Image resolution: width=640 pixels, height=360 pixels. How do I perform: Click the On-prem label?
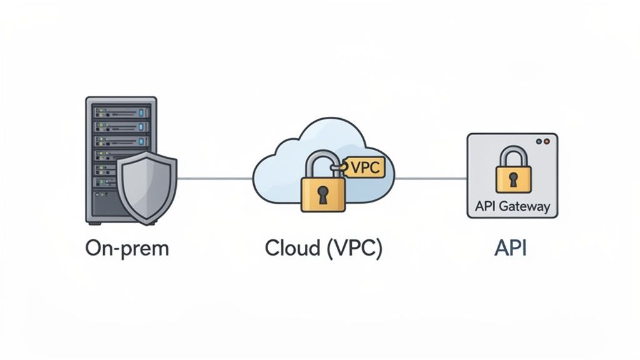tap(127, 248)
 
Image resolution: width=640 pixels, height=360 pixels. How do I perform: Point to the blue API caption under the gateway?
tap(510, 248)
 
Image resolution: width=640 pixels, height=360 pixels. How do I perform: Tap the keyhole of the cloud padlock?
tap(322, 194)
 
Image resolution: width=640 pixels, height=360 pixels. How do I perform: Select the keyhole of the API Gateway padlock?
tap(513, 179)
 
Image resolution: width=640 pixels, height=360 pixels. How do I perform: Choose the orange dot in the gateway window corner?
tap(547, 142)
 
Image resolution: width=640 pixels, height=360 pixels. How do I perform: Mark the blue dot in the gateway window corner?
tap(540, 142)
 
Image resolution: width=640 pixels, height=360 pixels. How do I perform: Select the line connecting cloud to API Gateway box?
tap(431, 178)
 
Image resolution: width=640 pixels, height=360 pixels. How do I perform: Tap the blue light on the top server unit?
tap(141, 112)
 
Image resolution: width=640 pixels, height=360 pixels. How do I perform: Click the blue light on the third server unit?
tap(141, 141)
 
